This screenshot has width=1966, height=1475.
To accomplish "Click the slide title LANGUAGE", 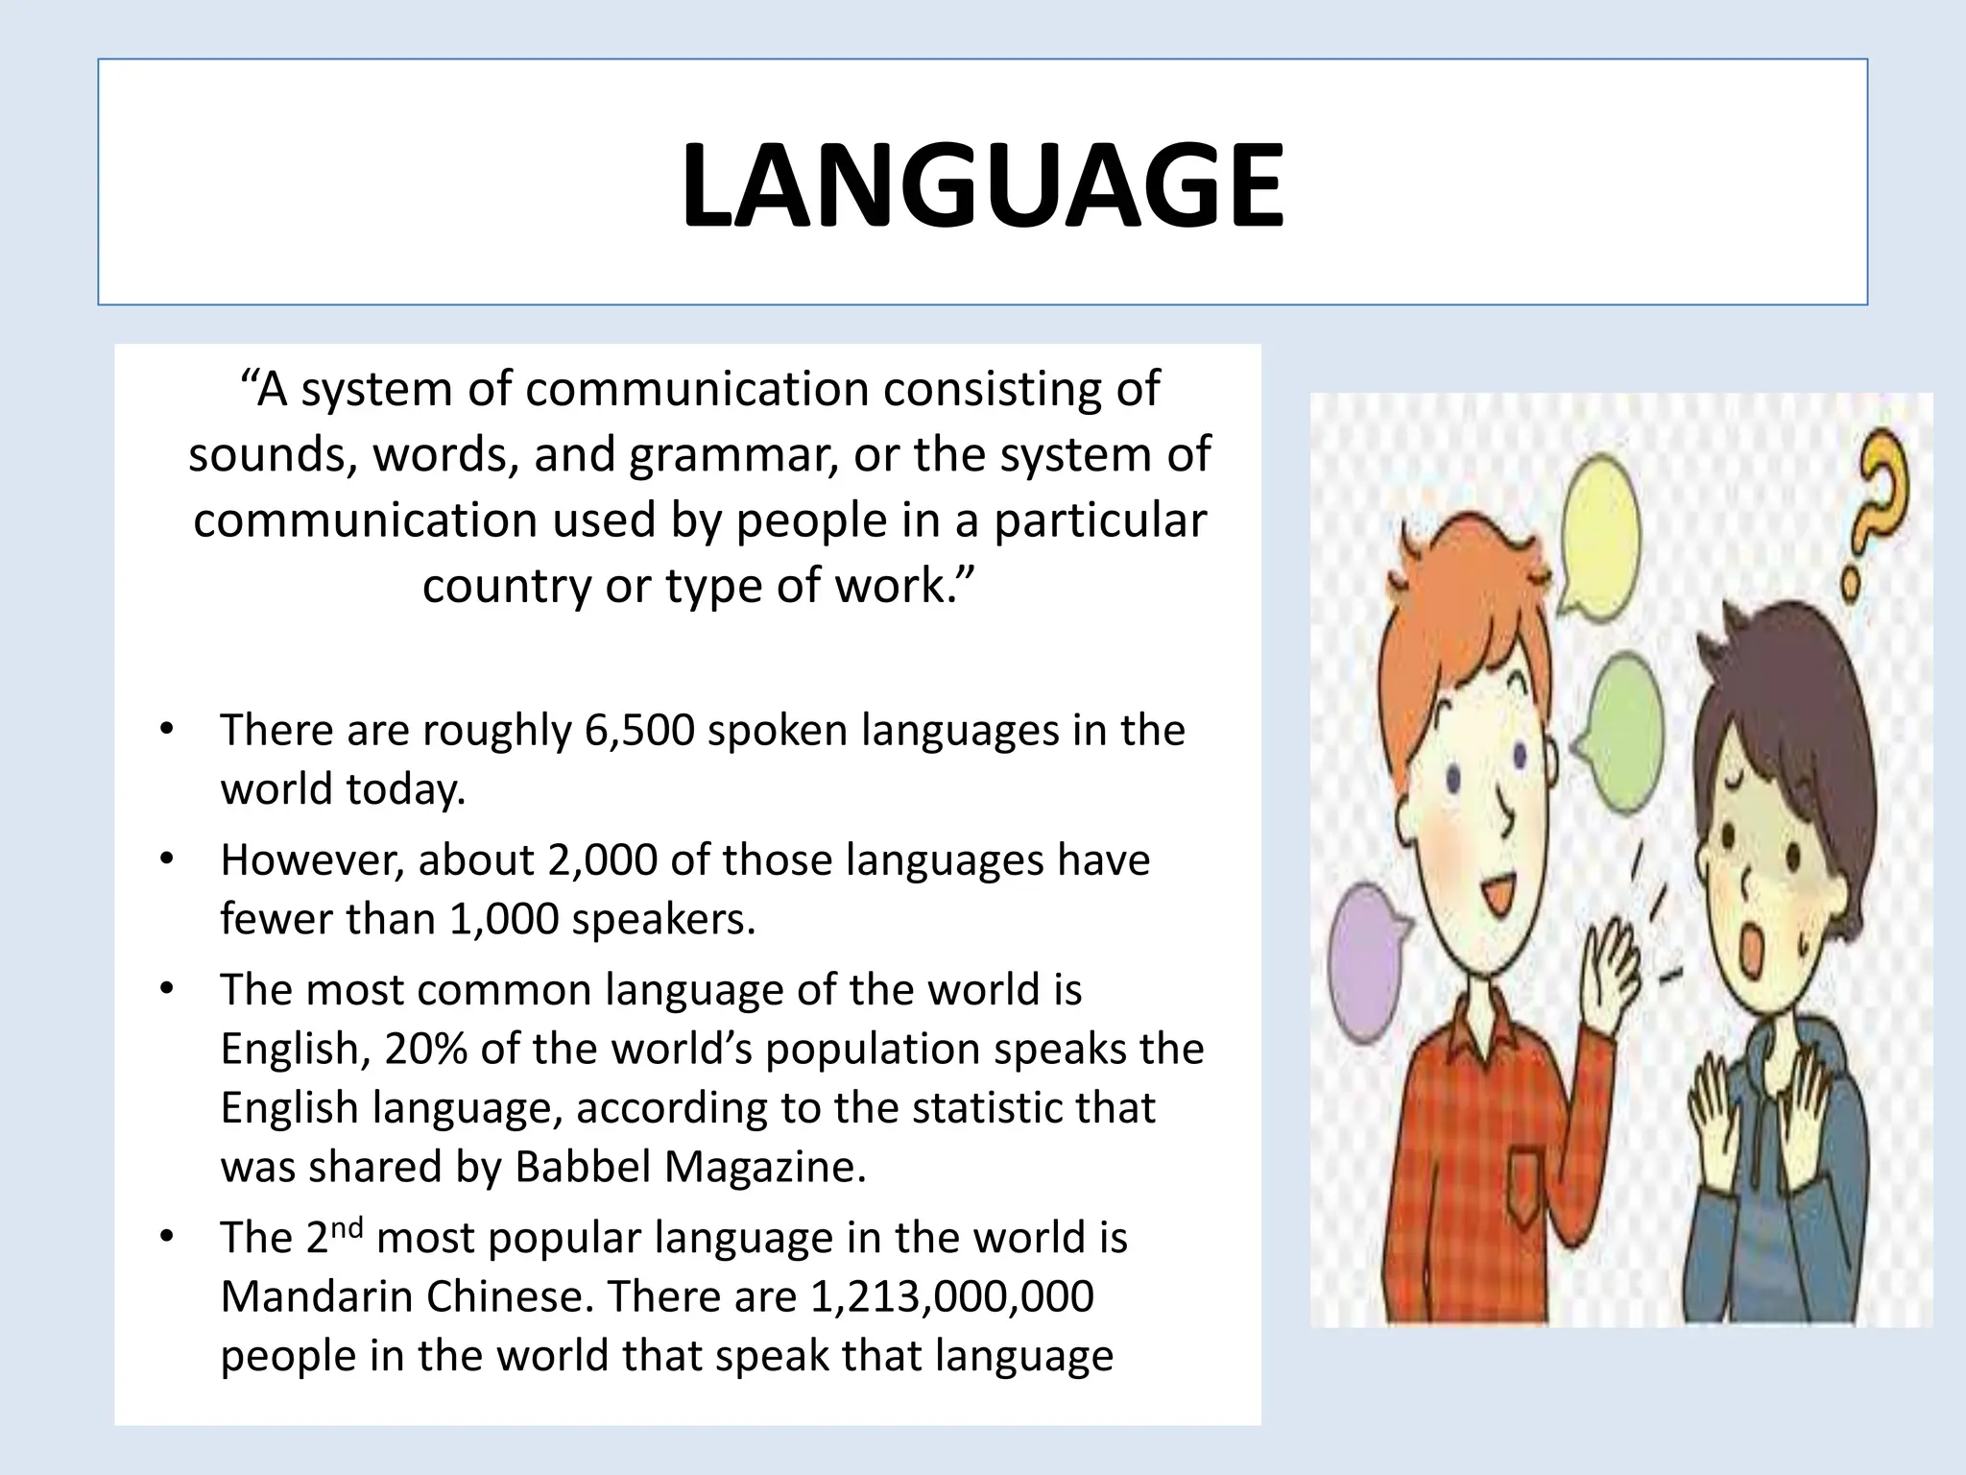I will coord(982,185).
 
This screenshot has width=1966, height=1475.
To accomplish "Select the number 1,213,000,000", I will coord(951,1297).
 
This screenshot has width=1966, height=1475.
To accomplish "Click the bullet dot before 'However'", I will coord(167,858).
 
